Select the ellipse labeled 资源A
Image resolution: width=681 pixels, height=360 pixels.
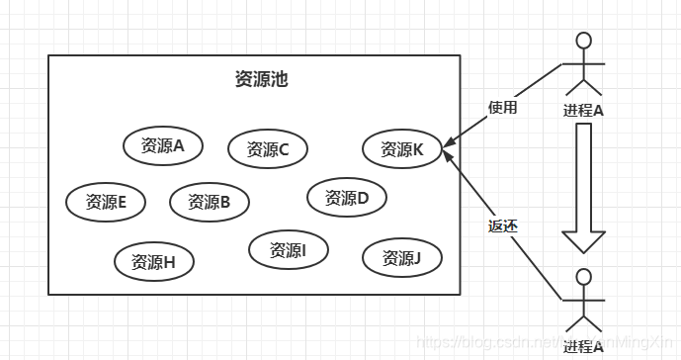coord(163,145)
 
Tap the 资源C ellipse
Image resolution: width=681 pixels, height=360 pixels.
coord(268,149)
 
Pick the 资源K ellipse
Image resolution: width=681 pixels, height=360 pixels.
coord(402,149)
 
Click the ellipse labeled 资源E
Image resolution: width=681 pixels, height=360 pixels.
coord(106,202)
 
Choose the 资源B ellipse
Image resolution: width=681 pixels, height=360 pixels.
coord(209,202)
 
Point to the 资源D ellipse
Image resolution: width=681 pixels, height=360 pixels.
coord(347,197)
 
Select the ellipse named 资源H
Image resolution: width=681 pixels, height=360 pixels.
coord(153,262)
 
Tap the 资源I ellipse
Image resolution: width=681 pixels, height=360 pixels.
coord(289,250)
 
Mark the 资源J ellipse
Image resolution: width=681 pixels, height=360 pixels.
coord(402,258)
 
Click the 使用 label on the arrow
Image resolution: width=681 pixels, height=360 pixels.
coord(502,108)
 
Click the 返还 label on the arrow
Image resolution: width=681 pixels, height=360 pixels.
coord(502,225)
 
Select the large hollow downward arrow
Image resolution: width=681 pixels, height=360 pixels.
coord(583,188)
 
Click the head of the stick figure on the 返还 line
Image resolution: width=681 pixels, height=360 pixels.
coord(584,277)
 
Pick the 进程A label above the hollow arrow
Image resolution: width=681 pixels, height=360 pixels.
coord(583,110)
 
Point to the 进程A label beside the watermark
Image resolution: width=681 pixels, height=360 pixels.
coord(583,347)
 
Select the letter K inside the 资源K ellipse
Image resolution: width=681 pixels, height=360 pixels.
coord(418,149)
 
